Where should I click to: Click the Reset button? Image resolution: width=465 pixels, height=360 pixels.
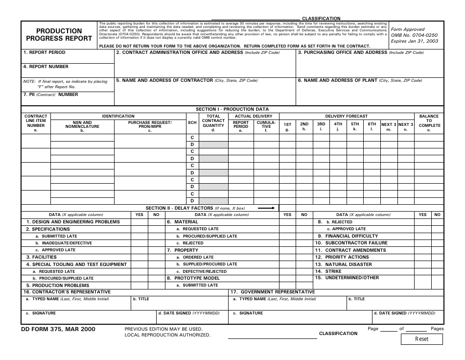421,339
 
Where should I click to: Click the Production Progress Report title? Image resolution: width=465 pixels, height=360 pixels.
59,34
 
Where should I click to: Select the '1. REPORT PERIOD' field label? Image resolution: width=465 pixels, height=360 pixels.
44,52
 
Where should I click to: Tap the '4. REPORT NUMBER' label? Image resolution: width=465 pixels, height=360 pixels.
46,67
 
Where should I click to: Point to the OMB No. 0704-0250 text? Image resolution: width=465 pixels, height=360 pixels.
414,35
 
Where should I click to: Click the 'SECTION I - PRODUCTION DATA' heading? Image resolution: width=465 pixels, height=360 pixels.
232,109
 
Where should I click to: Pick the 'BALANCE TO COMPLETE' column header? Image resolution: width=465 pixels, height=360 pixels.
429,121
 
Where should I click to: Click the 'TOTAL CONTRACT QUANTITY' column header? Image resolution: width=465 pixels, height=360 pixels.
213,121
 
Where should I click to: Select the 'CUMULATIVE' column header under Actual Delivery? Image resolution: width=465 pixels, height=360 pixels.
266,124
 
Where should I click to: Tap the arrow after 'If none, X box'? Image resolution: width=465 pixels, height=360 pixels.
266,208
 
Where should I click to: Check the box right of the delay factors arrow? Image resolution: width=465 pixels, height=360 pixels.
287,208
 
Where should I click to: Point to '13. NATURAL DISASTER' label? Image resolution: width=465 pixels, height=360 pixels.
343,264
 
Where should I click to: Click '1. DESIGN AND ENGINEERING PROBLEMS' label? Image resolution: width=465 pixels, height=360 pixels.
73,222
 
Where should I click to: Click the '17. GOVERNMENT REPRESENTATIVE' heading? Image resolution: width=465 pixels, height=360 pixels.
273,292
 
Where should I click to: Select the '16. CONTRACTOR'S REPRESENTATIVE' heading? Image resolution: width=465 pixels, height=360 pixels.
67,292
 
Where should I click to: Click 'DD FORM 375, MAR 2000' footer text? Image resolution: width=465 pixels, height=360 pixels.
58,329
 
